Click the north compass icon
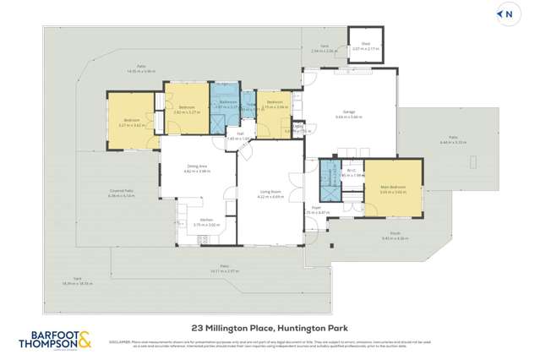pyautogui.click(x=508, y=14)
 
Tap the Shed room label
pyautogui.click(x=366, y=45)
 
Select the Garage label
pyautogui.click(x=348, y=111)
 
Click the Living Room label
pyautogui.click(x=270, y=191)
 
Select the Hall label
pyautogui.click(x=240, y=134)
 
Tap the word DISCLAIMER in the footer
pyautogui.click(x=120, y=341)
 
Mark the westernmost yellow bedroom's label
pyautogui.click(x=131, y=121)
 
